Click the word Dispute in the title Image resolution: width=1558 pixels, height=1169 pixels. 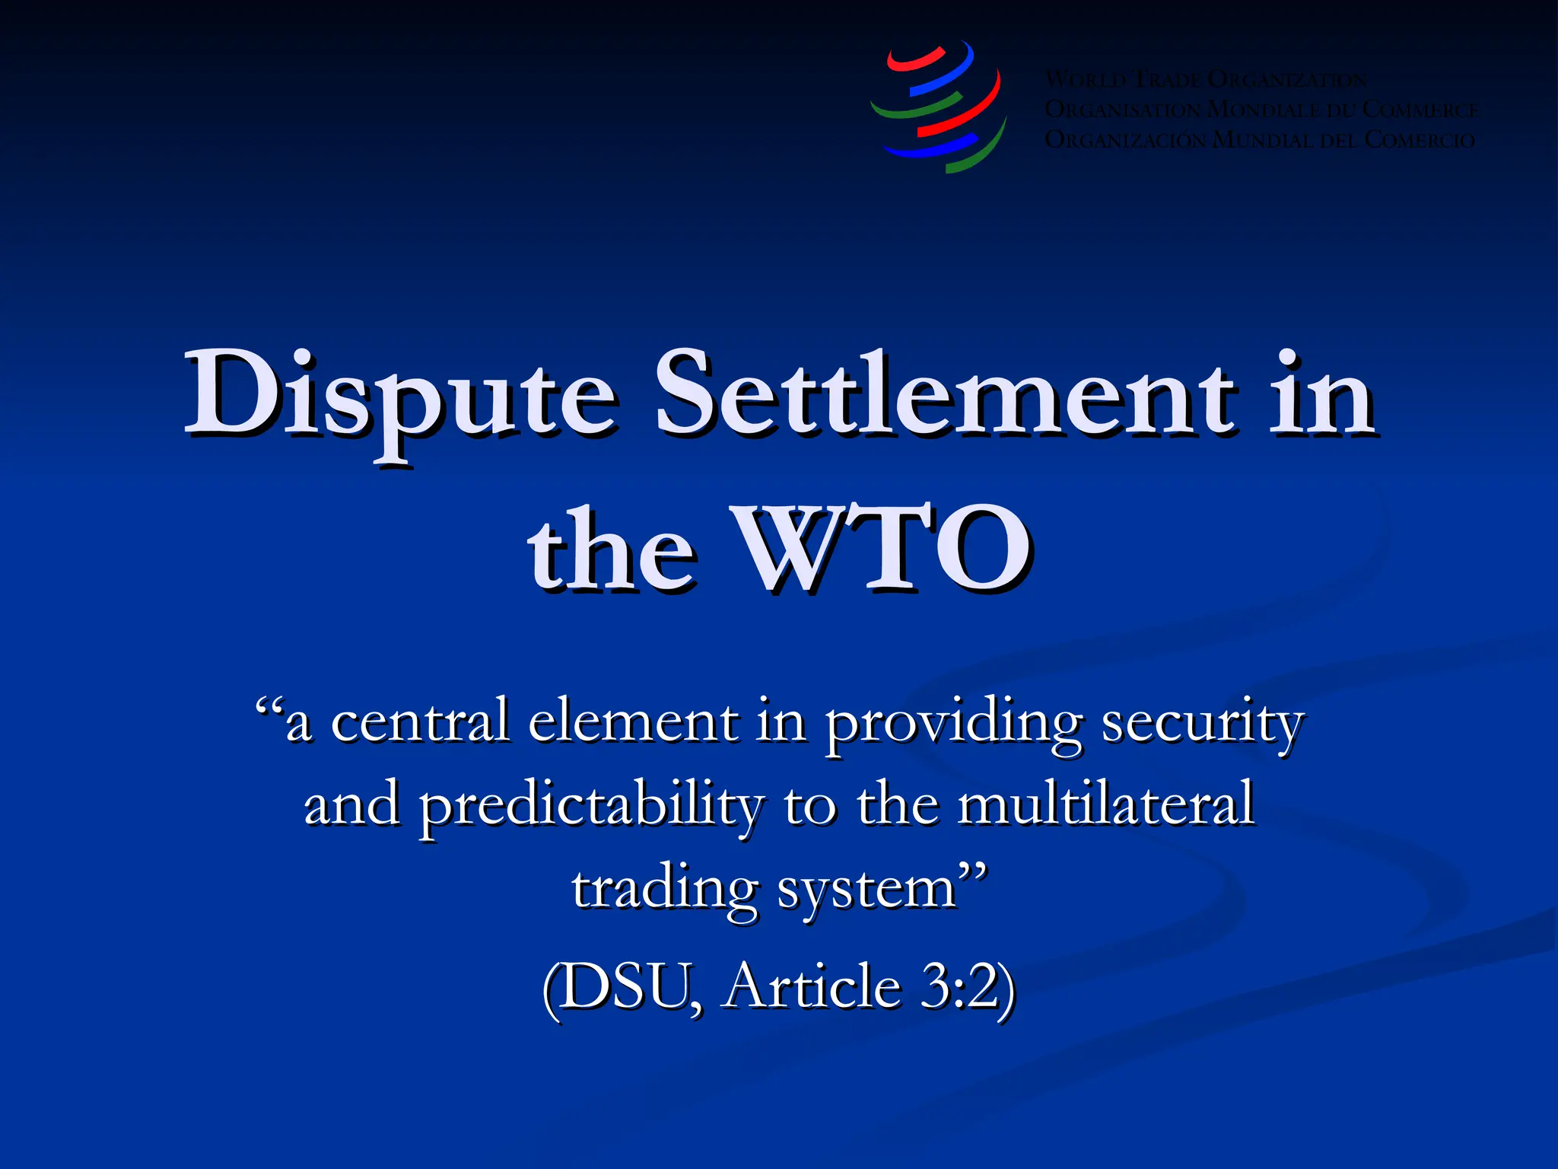399,396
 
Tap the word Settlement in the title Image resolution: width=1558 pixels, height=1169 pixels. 943,396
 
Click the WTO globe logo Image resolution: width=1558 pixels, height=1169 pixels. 939,107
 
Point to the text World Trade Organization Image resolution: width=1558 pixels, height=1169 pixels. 1206,79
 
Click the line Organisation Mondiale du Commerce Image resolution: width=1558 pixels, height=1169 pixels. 1261,110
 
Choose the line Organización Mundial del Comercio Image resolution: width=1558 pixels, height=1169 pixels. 1260,140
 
